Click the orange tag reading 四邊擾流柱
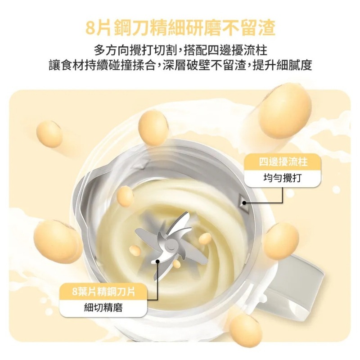coord(283,161)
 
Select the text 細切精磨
coord(103,308)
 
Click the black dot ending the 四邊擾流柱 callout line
coord(244,203)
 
